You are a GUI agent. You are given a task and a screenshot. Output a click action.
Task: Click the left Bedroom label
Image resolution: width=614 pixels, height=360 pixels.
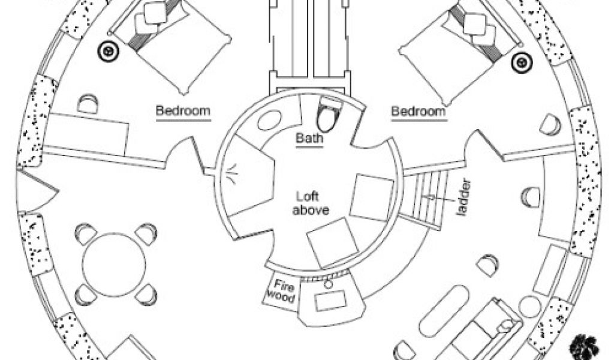click(x=183, y=111)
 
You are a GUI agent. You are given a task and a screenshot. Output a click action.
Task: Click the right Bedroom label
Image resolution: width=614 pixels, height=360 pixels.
click(x=419, y=111)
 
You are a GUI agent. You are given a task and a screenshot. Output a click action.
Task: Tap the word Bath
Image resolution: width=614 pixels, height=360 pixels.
click(x=310, y=139)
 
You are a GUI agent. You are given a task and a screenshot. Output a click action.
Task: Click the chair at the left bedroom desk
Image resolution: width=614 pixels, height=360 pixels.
click(x=88, y=103)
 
